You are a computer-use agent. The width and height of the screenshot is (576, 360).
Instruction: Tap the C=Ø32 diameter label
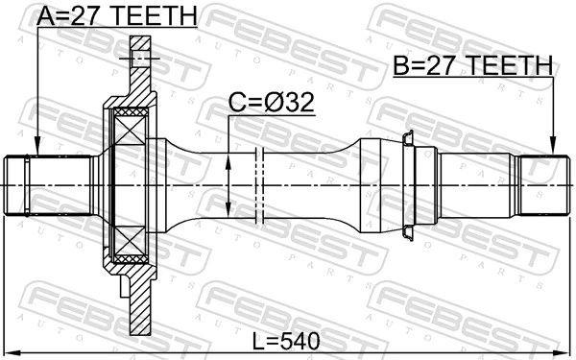pos(271,103)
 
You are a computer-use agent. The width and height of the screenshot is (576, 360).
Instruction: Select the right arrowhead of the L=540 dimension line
pos(565,350)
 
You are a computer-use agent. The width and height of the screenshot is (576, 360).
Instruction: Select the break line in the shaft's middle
pos(259,184)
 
